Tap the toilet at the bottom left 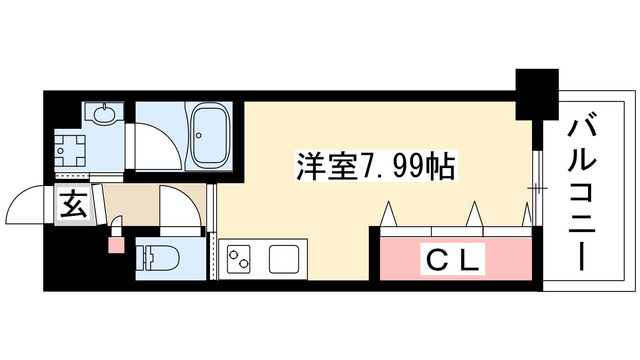[x=159, y=257]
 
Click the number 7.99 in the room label [x=390, y=166]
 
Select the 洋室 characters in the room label [x=321, y=166]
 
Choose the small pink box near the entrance [x=114, y=244]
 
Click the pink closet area [x=456, y=261]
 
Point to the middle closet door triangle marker [x=474, y=212]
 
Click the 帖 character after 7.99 [x=441, y=166]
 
